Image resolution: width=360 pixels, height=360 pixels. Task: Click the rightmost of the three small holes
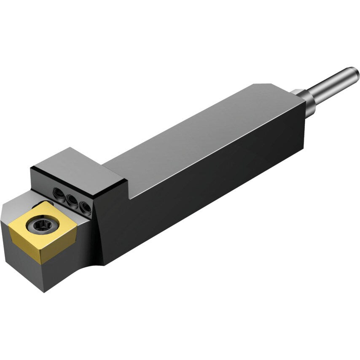[86, 206]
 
